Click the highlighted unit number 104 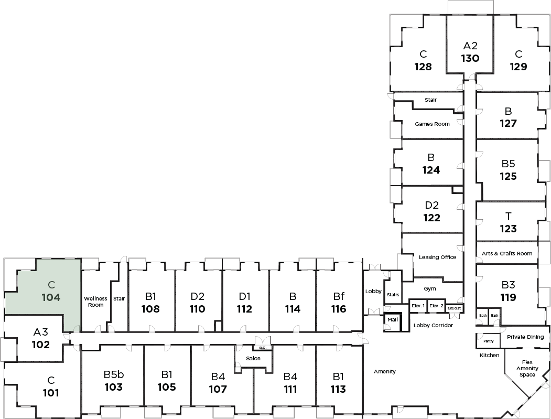(51, 297)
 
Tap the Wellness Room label (95, 302)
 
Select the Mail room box (392, 319)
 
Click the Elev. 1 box (418, 305)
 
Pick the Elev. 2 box (436, 305)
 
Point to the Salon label (254, 358)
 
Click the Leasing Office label (437, 257)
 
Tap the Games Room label (432, 124)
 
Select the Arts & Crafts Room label (506, 253)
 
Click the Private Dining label (525, 337)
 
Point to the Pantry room (488, 341)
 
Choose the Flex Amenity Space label (527, 368)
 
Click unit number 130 (470, 58)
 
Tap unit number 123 (508, 229)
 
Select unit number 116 (339, 309)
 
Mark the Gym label (430, 288)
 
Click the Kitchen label (489, 355)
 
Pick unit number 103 (113, 388)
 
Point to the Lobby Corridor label (433, 325)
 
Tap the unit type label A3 (40, 332)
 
